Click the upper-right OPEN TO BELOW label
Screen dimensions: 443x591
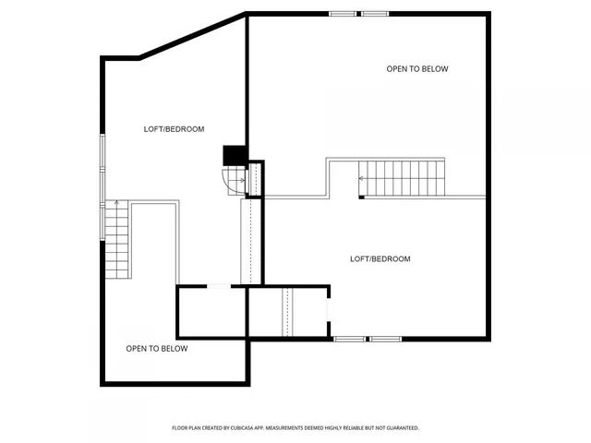pos(417,68)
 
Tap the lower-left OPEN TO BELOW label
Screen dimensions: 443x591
pos(157,348)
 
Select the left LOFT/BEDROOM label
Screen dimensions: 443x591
pos(174,129)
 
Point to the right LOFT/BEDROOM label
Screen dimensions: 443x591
pos(380,258)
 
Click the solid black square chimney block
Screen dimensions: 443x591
pos(235,156)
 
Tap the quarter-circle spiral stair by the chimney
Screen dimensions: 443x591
pos(231,180)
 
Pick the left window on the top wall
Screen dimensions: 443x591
pos(343,14)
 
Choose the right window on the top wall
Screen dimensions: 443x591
pos(374,14)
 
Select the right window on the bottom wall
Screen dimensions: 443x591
pos(386,339)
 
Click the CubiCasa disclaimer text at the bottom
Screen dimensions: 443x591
pos(295,428)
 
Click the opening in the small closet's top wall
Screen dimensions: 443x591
pos(219,286)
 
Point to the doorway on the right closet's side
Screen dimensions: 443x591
pos(329,310)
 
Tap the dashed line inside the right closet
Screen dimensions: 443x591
pos(286,312)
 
